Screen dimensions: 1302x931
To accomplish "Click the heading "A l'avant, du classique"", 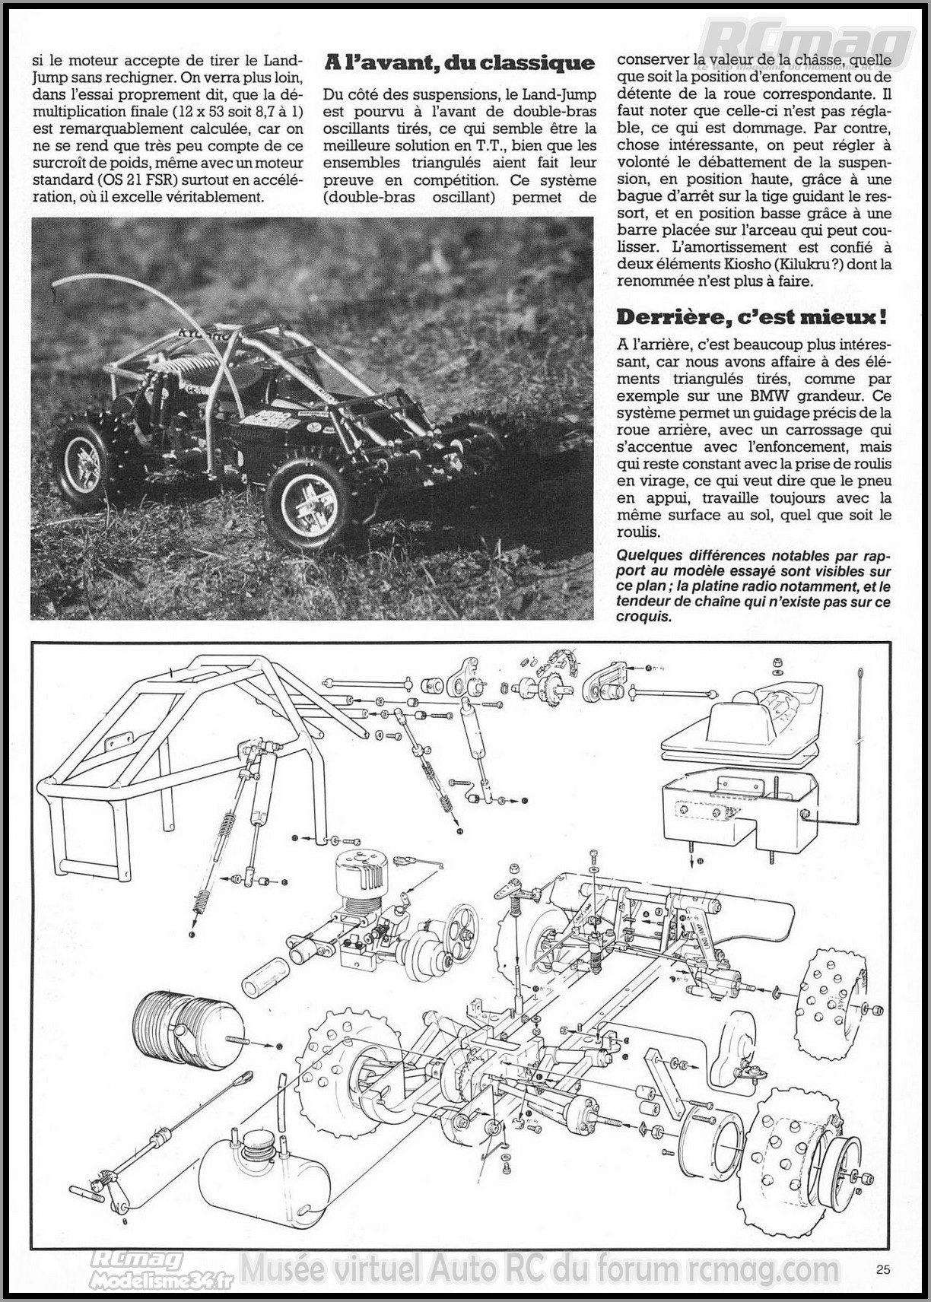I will pos(459,63).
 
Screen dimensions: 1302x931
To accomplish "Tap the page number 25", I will pos(882,1268).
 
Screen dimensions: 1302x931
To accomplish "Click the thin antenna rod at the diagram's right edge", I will pos(860,730).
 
